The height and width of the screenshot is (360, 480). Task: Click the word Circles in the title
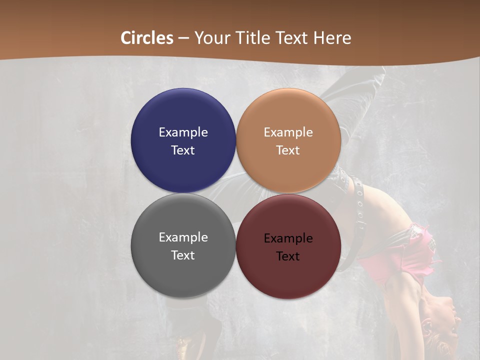[147, 38]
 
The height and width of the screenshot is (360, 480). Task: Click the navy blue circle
[183, 115]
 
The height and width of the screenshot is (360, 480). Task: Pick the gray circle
[183, 275]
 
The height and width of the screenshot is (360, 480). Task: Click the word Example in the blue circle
[183, 132]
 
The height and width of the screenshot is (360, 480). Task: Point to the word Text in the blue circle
[183, 150]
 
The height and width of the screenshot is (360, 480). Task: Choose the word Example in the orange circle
[288, 132]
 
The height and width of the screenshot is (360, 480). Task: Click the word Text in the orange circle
[288, 150]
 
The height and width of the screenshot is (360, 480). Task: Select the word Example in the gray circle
[183, 237]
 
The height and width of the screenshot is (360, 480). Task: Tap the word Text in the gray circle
[183, 255]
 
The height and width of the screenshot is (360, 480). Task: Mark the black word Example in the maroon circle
[288, 238]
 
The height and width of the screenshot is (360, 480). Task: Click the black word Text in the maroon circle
[288, 256]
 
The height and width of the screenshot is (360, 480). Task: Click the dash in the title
[183, 38]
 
